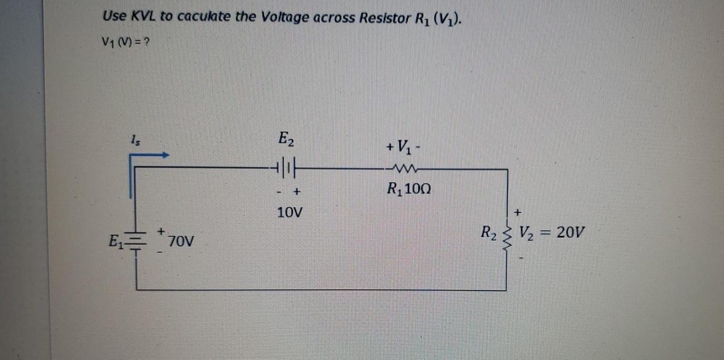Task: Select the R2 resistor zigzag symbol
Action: [508, 240]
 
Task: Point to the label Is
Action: [135, 140]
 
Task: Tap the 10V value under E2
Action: [290, 213]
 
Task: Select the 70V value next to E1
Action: [182, 242]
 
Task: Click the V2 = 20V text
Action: [551, 232]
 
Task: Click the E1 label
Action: [115, 242]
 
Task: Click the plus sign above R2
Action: [518, 212]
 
